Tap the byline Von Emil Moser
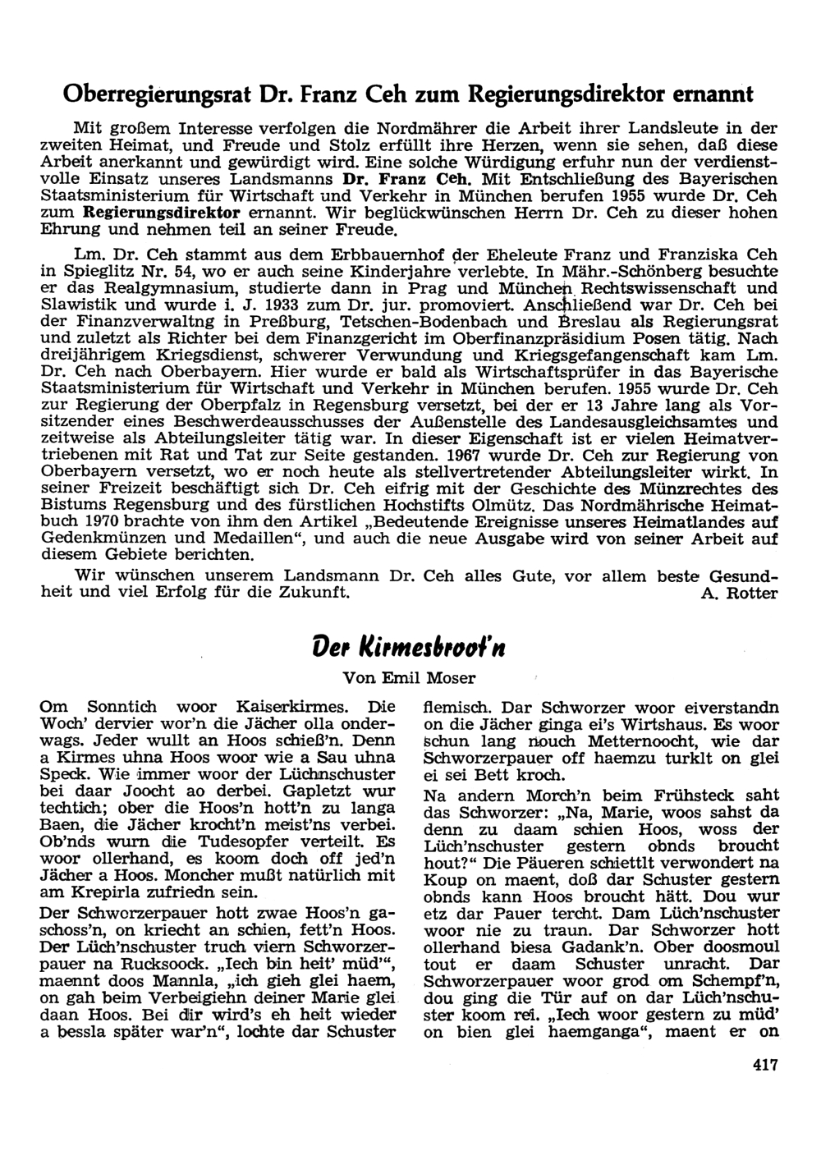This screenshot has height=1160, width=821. [x=410, y=678]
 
